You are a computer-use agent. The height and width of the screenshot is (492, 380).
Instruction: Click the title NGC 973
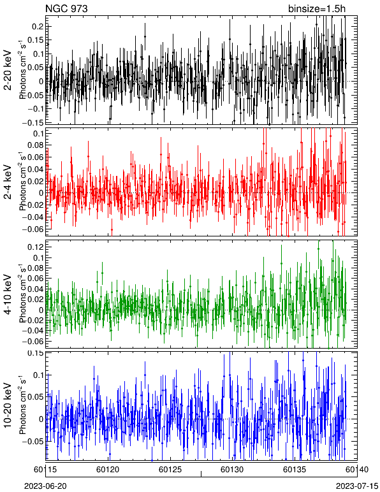pos(66,9)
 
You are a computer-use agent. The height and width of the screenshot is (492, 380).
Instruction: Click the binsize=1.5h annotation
pos(317,9)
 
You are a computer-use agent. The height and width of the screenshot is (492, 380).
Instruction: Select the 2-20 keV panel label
pos(8,71)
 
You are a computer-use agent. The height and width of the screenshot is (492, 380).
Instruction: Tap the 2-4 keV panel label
pos(8,182)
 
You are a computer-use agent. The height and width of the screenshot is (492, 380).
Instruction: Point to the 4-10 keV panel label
pos(8,294)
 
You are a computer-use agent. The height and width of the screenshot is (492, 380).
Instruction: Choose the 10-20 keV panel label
pos(8,405)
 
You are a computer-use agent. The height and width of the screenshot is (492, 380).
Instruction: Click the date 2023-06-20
pos(45,486)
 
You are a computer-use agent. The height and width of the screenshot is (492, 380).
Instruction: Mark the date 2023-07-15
pos(357,486)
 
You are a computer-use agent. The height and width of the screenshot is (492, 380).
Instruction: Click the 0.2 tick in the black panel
pos(38,27)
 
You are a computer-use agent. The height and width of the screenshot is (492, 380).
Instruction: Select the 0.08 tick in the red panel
pos(35,145)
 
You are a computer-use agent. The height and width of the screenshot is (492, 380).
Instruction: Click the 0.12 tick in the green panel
pos(35,247)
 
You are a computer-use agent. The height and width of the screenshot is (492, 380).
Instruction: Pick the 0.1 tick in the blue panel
pos(38,375)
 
